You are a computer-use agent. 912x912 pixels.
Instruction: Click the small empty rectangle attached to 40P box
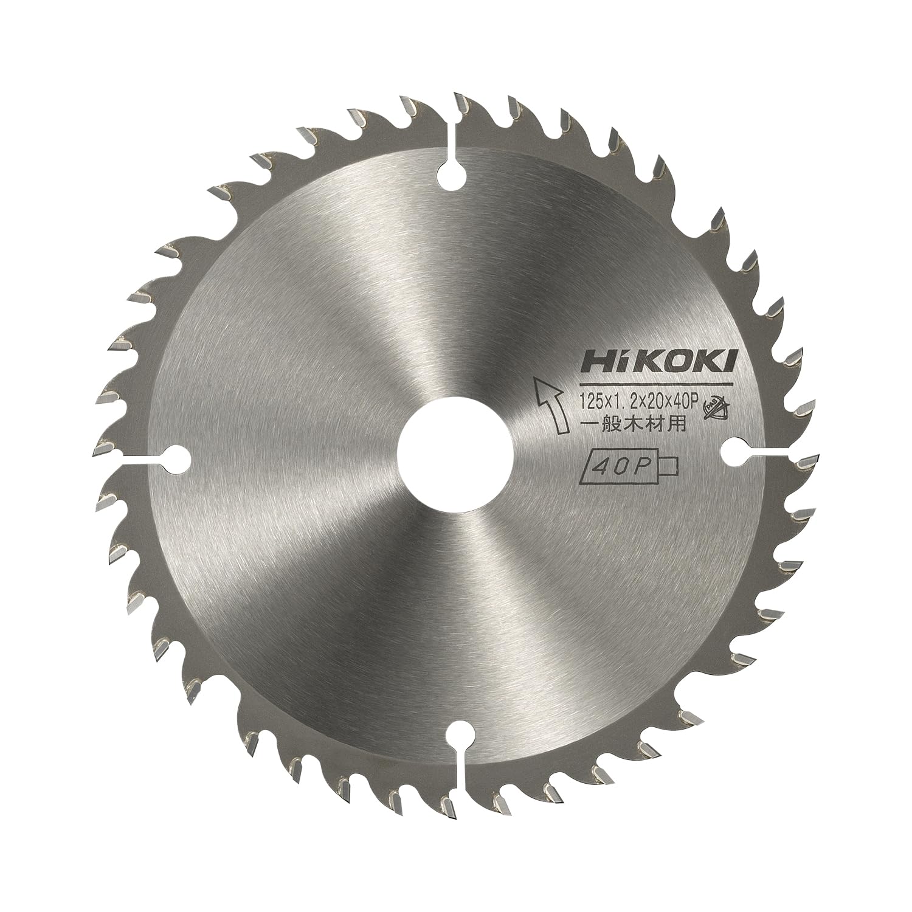click(x=666, y=466)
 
